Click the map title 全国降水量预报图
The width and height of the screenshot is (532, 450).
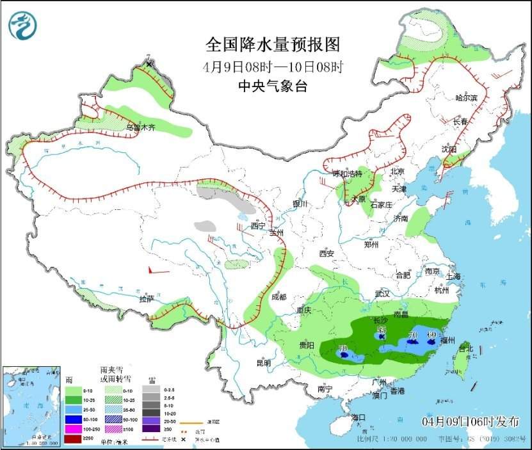click(x=272, y=44)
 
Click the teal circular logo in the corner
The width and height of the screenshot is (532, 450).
click(x=22, y=25)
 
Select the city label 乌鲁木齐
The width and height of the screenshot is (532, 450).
click(x=140, y=127)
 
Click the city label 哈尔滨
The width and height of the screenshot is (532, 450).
click(x=466, y=98)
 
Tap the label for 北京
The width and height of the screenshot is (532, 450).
click(x=398, y=172)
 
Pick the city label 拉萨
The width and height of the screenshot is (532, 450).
click(x=147, y=298)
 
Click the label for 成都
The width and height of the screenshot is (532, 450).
click(x=279, y=297)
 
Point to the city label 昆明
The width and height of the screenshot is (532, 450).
click(x=264, y=363)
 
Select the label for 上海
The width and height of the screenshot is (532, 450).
click(x=453, y=277)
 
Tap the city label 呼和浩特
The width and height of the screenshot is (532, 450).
click(x=346, y=174)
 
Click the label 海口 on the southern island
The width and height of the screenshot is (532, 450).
click(x=359, y=417)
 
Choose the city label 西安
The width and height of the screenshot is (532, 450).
click(x=326, y=253)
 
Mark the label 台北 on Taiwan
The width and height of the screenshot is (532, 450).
click(x=465, y=349)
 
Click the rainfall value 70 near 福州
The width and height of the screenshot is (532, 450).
click(x=413, y=335)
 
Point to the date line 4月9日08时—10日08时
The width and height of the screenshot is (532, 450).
click(x=272, y=66)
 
